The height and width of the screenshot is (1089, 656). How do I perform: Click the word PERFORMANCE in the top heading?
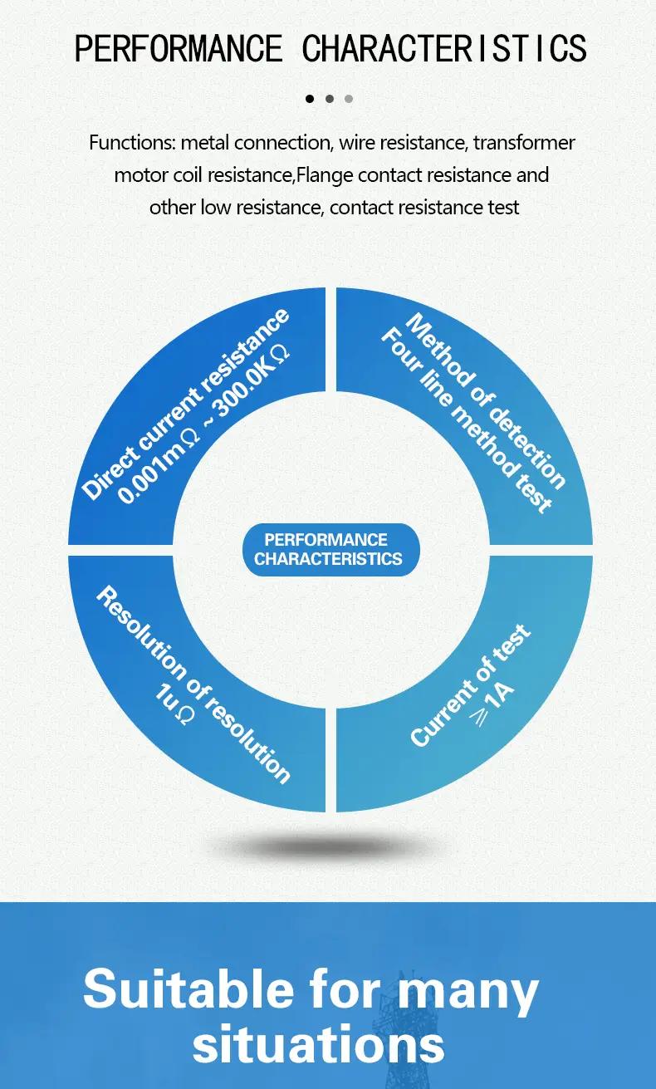[x=179, y=48]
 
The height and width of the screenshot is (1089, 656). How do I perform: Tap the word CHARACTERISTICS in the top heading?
[x=444, y=48]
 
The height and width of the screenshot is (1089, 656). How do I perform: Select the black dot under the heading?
[x=310, y=99]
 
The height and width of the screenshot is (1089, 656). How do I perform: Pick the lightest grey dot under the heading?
[x=349, y=99]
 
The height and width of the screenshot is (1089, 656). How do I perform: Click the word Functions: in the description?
[x=132, y=143]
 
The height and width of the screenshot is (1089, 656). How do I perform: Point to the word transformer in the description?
[x=524, y=143]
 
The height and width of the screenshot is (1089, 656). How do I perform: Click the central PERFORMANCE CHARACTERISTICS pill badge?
[x=330, y=549]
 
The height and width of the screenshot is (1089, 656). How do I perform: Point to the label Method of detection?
[x=486, y=400]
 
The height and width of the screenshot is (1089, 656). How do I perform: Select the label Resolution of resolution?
[x=193, y=684]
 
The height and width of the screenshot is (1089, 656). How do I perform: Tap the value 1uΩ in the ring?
[x=175, y=704]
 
